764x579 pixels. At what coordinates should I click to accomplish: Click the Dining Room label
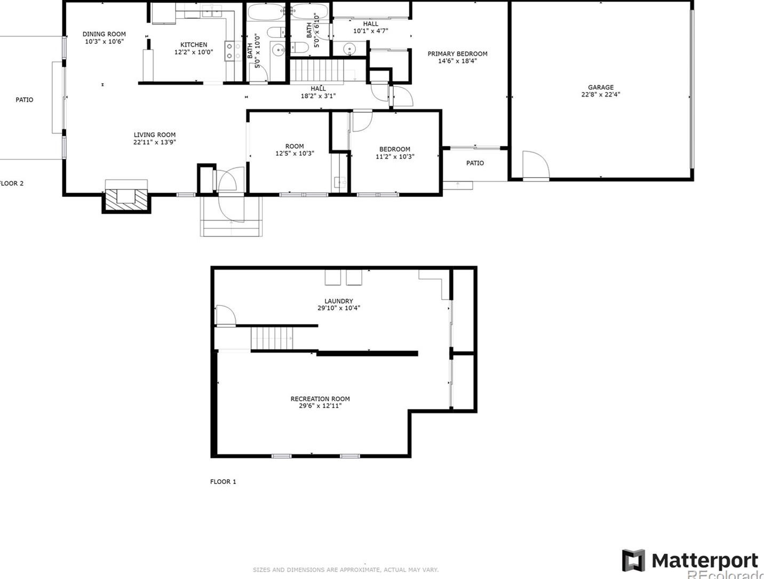(104, 34)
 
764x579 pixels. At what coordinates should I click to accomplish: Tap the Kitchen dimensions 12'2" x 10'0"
(193, 52)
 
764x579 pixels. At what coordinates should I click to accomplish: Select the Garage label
(601, 88)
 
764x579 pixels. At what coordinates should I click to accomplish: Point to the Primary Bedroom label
(457, 54)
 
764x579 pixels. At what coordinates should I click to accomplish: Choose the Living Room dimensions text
(155, 142)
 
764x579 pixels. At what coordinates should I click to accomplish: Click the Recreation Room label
(320, 399)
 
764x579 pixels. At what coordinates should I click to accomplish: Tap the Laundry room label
(339, 301)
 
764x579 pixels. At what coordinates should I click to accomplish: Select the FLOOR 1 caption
(223, 481)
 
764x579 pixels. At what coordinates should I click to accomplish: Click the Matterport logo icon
(633, 560)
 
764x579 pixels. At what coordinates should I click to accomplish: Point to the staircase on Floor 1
(272, 338)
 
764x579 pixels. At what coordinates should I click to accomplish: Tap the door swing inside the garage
(535, 165)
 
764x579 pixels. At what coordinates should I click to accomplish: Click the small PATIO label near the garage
(475, 163)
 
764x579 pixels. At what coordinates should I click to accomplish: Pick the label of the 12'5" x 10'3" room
(295, 146)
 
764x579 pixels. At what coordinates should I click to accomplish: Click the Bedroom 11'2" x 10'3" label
(395, 149)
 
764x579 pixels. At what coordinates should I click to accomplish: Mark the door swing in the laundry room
(225, 315)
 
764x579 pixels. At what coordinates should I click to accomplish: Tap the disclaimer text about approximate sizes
(346, 570)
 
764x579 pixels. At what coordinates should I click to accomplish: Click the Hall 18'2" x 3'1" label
(318, 89)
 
